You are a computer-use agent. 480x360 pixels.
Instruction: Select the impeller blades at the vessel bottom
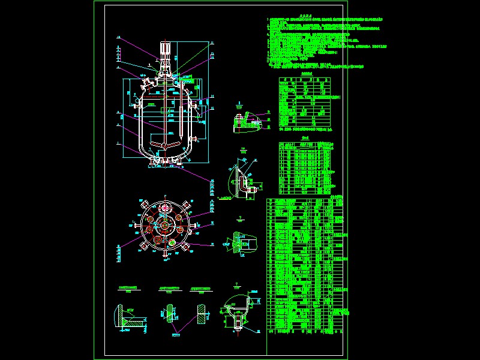tap(164, 145)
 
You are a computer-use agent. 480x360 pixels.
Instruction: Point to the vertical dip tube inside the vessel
tap(178, 120)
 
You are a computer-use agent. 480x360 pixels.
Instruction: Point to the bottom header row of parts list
tap(307, 329)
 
